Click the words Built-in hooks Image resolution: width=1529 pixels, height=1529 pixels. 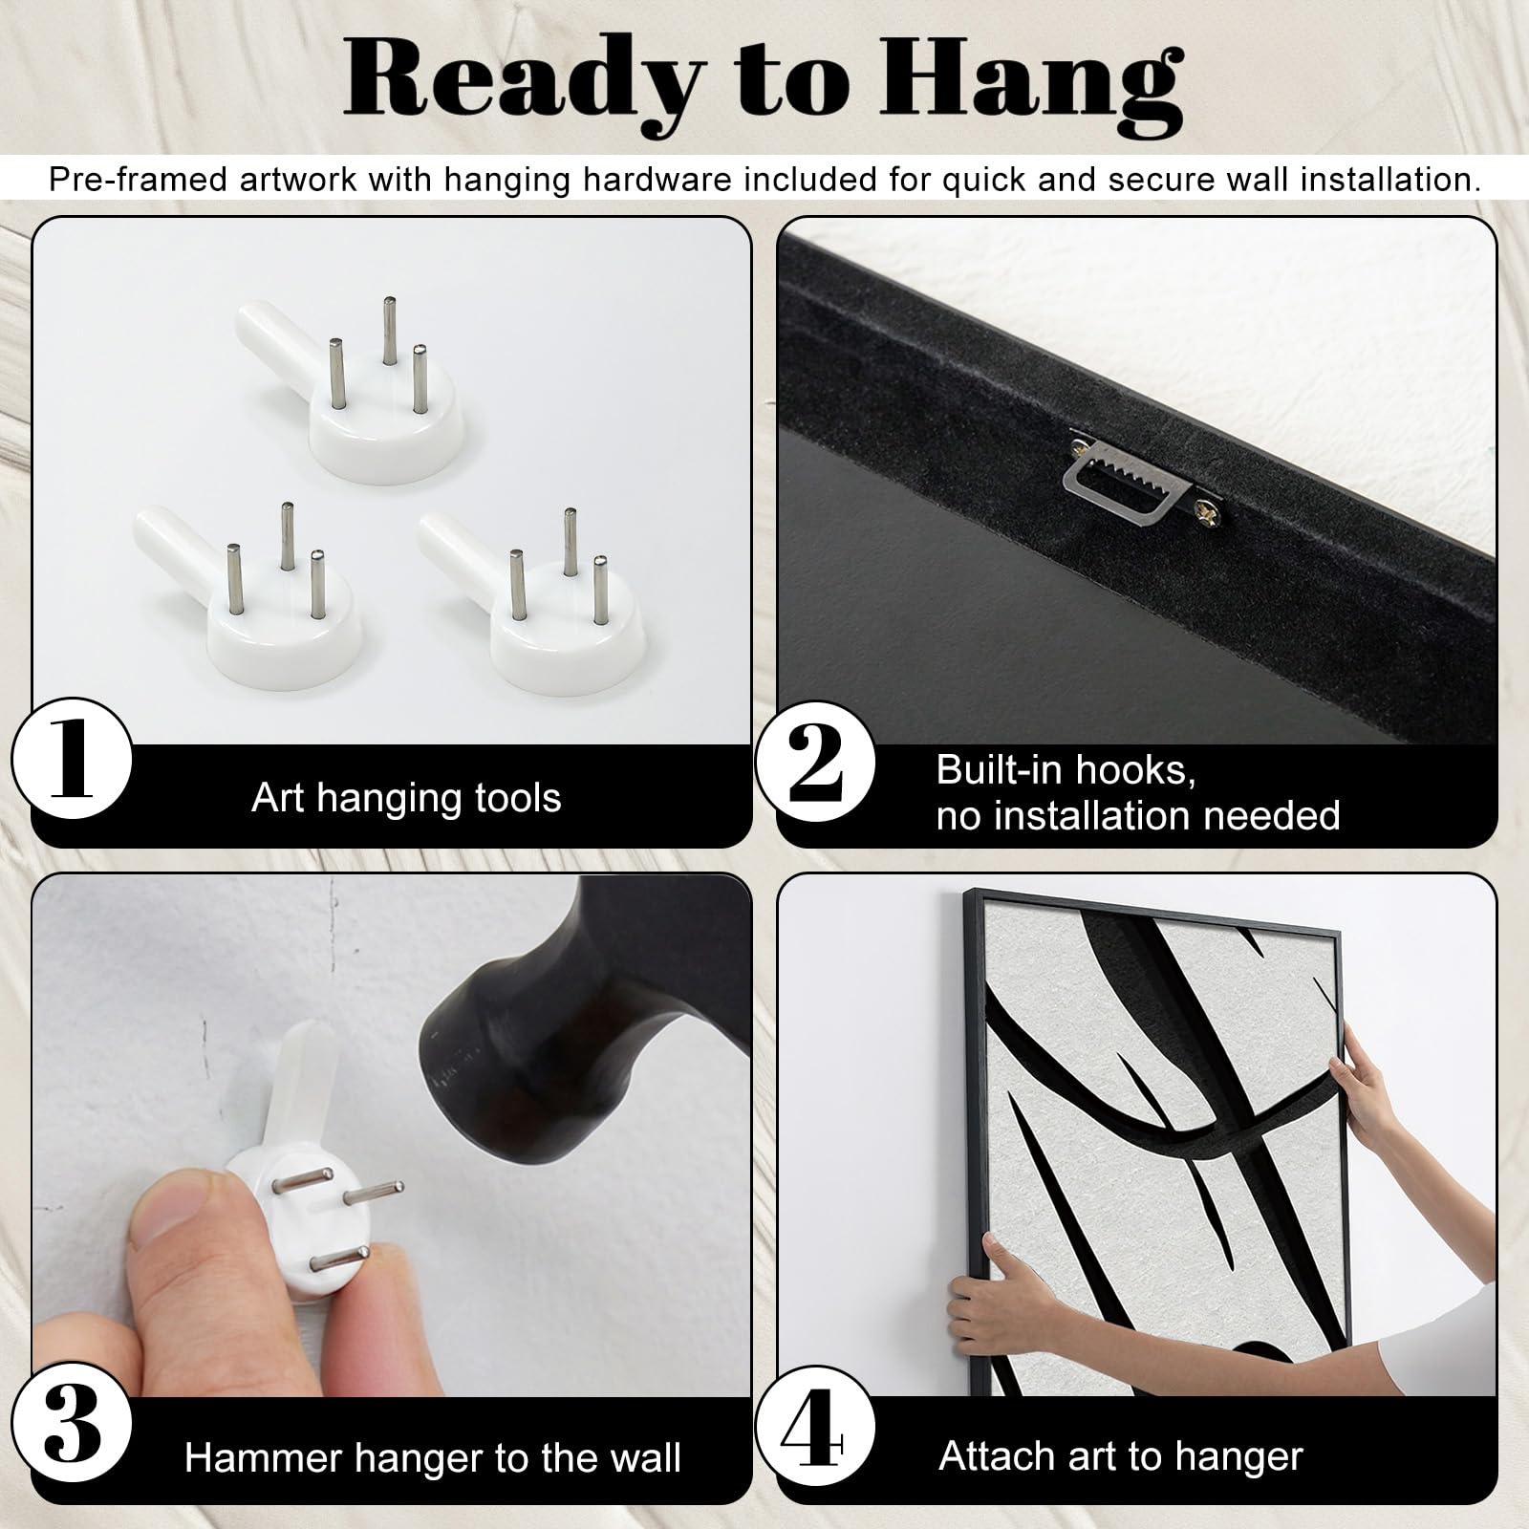(x=1066, y=770)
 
